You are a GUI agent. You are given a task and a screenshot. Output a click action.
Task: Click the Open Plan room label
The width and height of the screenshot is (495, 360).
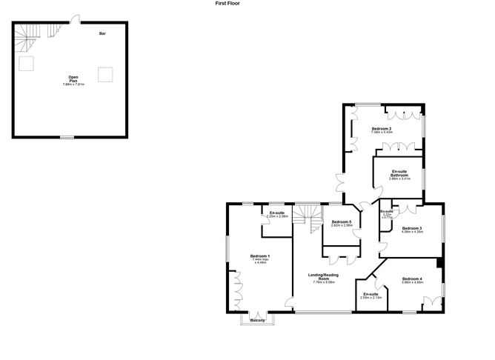tap(73, 79)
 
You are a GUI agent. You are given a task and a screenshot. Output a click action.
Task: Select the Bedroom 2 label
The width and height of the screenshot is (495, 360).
tap(382, 129)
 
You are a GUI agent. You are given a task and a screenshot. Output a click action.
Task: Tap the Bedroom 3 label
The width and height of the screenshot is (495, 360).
tap(411, 228)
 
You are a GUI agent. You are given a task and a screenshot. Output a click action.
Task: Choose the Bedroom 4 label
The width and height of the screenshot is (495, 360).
tap(411, 278)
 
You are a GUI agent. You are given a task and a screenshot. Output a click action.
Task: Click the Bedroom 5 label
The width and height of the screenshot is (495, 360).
tap(342, 222)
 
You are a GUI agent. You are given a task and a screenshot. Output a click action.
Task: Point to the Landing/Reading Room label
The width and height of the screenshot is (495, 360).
tap(324, 276)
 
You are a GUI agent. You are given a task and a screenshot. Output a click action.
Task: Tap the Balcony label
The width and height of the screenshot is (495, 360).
tap(258, 320)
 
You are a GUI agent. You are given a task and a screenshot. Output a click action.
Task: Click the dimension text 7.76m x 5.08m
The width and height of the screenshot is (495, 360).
tap(324, 282)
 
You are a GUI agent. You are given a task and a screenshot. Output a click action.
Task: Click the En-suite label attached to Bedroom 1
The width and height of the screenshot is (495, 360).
tap(278, 213)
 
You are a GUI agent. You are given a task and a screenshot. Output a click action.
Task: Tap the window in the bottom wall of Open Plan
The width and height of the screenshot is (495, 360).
tap(67, 137)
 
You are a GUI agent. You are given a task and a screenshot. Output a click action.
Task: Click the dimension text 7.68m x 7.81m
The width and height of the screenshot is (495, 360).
tap(73, 85)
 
